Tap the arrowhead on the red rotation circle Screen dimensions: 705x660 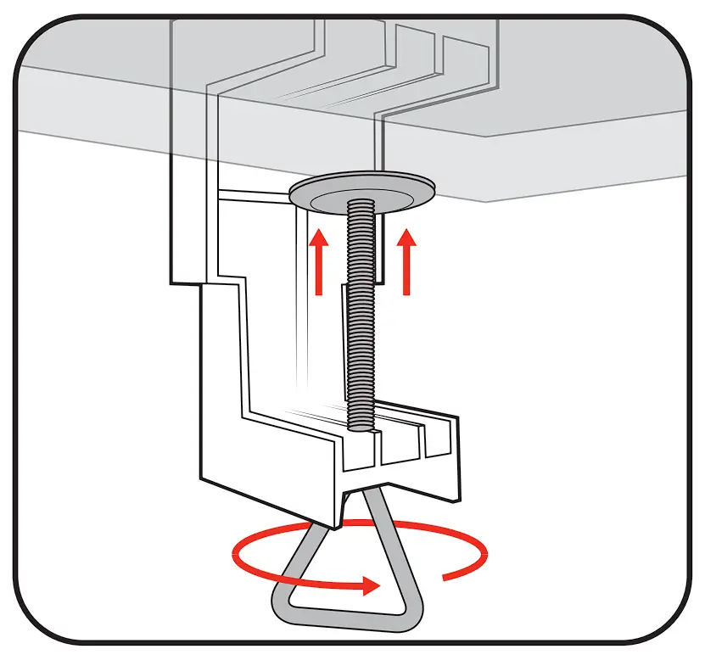pyautogui.click(x=369, y=584)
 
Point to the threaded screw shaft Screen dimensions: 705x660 pyautogui.click(x=360, y=322)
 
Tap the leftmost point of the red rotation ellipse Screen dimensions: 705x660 pyautogui.click(x=234, y=557)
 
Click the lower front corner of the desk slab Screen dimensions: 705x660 pyautogui.click(x=485, y=202)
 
